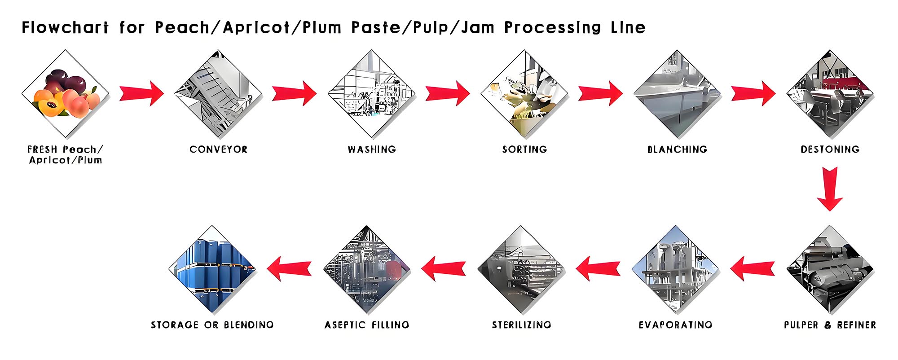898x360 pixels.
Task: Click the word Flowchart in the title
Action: [x=65, y=28]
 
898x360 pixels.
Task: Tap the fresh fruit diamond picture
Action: [x=66, y=94]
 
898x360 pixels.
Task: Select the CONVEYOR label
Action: [x=218, y=149]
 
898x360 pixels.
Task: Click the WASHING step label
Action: [x=372, y=149]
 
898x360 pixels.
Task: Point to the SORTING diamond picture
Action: [x=524, y=94]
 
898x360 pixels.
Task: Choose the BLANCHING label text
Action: [x=677, y=149]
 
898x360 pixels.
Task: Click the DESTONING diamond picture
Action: [x=830, y=94]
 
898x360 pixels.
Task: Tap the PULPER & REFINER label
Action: [x=830, y=325]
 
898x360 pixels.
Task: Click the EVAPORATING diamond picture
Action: [x=675, y=269]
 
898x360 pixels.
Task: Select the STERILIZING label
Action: [x=521, y=325]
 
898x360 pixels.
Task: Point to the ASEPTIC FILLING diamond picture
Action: [x=367, y=269]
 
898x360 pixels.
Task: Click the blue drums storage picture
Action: [x=212, y=269]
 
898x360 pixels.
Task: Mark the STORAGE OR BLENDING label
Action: [x=212, y=325]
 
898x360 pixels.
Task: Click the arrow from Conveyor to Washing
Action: [x=295, y=93]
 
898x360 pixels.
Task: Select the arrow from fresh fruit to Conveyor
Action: [x=142, y=93]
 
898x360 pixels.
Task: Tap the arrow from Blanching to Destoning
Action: [x=753, y=93]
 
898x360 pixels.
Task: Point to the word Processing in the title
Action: [x=552, y=28]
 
